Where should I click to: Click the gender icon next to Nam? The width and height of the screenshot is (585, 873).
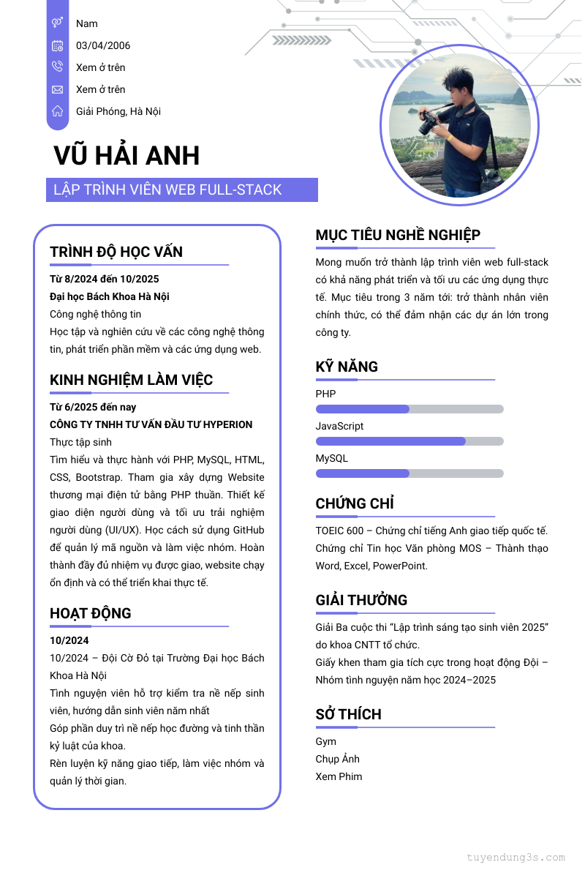coord(58,23)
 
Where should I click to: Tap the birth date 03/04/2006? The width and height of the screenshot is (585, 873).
coord(103,45)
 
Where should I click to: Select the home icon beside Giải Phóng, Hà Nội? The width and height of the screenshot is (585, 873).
coord(58,111)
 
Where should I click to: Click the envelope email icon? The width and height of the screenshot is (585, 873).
coord(58,89)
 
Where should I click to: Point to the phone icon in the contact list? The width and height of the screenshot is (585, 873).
coord(58,67)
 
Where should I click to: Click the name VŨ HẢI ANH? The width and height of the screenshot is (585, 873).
coord(127,156)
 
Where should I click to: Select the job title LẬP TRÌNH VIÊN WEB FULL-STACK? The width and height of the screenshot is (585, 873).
coord(167,190)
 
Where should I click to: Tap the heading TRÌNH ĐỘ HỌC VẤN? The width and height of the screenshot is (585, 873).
coord(116,252)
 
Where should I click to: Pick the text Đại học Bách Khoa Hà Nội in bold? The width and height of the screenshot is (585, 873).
coord(110,296)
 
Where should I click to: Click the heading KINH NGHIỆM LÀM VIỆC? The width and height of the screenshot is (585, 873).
coord(132,380)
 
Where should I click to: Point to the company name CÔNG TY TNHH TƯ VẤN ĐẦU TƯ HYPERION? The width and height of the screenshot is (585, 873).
coord(151,424)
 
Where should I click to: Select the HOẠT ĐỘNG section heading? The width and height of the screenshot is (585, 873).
coord(91,613)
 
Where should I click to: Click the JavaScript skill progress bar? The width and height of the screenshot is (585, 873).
coord(409,441)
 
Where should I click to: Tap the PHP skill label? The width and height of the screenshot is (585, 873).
coord(326,394)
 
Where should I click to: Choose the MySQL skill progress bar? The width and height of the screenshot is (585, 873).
coord(409,473)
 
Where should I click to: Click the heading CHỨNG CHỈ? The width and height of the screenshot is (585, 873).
coord(355,503)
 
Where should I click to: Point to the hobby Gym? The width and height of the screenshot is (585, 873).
coord(326,741)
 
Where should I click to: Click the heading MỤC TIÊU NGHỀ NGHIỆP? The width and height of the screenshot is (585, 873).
coord(398,235)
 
